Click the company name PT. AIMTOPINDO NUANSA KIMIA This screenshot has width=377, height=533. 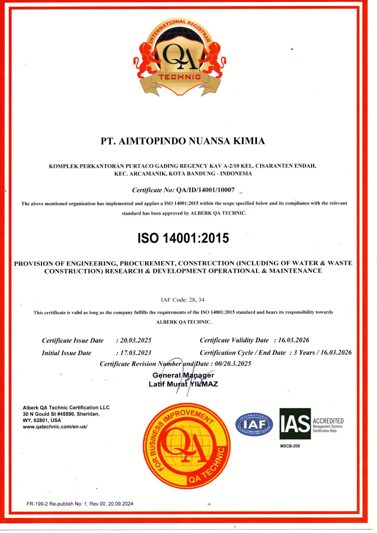[x=183, y=141]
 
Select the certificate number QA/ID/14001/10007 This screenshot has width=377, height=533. [x=205, y=190]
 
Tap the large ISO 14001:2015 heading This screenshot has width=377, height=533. [x=183, y=238]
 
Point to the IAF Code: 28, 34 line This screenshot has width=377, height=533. [x=183, y=300]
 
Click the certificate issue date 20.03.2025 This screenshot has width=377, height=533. [x=136, y=340]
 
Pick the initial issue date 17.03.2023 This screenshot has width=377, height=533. [x=136, y=353]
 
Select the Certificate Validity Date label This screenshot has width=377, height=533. [x=234, y=340]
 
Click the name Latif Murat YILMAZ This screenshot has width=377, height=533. [x=183, y=384]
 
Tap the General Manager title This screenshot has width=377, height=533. [x=183, y=375]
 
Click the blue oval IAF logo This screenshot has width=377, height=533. [x=254, y=425]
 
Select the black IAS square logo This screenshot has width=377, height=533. [x=295, y=423]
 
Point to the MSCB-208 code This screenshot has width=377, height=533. [x=290, y=446]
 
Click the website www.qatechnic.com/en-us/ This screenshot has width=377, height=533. [x=55, y=427]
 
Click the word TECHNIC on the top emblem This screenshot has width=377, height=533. [x=180, y=77]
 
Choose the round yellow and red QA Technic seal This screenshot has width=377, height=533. [x=187, y=446]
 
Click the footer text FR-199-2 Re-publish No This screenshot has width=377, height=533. [x=80, y=504]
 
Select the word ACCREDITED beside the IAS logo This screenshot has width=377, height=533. [x=328, y=421]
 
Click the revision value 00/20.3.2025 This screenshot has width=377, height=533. [x=233, y=364]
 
